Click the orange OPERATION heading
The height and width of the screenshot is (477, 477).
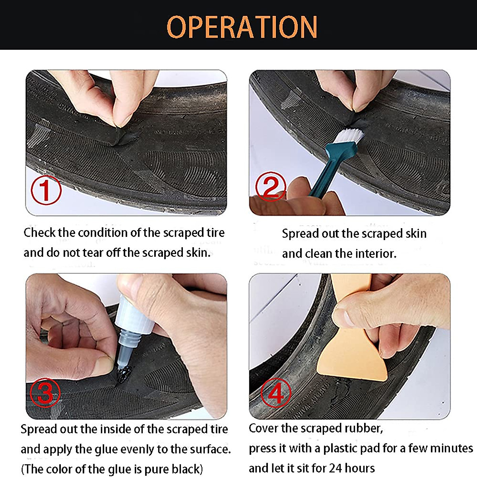click(x=242, y=27)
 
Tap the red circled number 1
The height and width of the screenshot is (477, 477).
click(x=46, y=190)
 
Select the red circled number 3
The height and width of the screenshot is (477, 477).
click(x=45, y=393)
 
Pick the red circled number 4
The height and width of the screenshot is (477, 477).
click(x=275, y=393)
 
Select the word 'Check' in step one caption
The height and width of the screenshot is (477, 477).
click(x=39, y=233)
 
